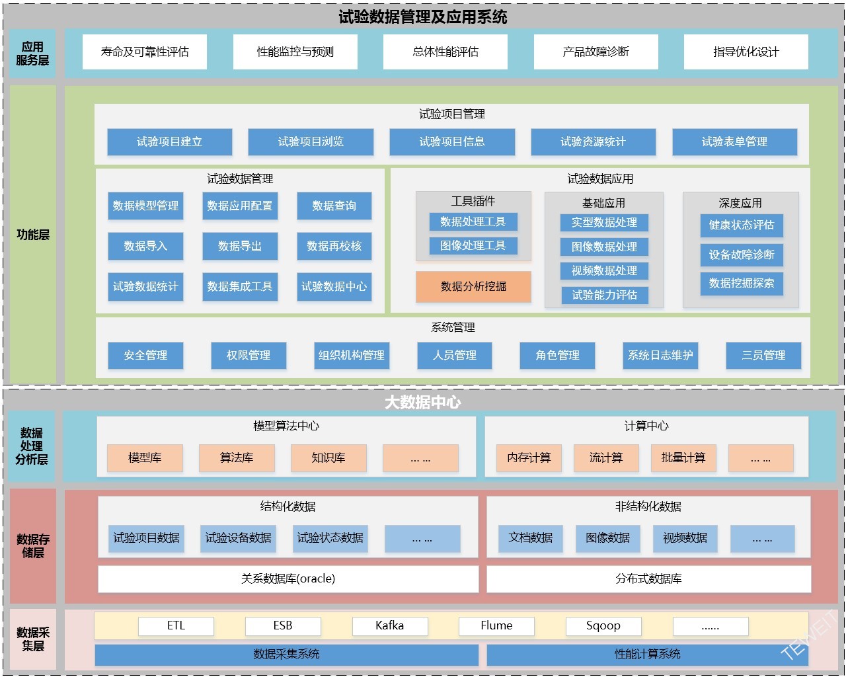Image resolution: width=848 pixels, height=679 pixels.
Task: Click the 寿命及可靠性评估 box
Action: tap(144, 52)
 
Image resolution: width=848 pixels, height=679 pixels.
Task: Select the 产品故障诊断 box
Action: tap(596, 52)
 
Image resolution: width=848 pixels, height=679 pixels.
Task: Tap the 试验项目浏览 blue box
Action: tap(311, 141)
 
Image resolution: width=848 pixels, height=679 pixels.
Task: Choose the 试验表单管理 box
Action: tap(734, 141)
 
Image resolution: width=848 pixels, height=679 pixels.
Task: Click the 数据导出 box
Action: tap(240, 246)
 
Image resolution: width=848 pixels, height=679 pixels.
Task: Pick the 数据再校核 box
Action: tap(334, 246)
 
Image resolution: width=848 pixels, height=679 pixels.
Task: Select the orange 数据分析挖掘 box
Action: tap(473, 286)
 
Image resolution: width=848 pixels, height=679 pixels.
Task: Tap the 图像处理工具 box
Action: tap(473, 246)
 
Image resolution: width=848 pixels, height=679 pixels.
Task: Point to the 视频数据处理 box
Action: tap(604, 270)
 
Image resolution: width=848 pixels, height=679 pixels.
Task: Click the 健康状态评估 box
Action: tap(742, 225)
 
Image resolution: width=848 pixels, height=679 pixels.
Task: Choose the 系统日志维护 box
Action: tap(660, 355)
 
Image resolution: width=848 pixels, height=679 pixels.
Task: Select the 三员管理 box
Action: tap(763, 355)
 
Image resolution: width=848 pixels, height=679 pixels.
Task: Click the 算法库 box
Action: tap(237, 458)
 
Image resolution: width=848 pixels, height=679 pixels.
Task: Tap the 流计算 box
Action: tap(606, 458)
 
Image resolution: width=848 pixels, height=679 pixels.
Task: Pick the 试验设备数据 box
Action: tap(238, 538)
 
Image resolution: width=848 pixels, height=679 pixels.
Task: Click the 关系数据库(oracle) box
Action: tap(288, 579)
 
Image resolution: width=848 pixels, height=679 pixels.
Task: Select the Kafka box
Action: tap(390, 625)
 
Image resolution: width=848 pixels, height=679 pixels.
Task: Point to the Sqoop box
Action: tap(603, 625)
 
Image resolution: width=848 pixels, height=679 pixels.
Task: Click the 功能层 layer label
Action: tap(33, 235)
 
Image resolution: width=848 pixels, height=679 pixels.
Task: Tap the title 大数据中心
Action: tap(423, 402)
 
